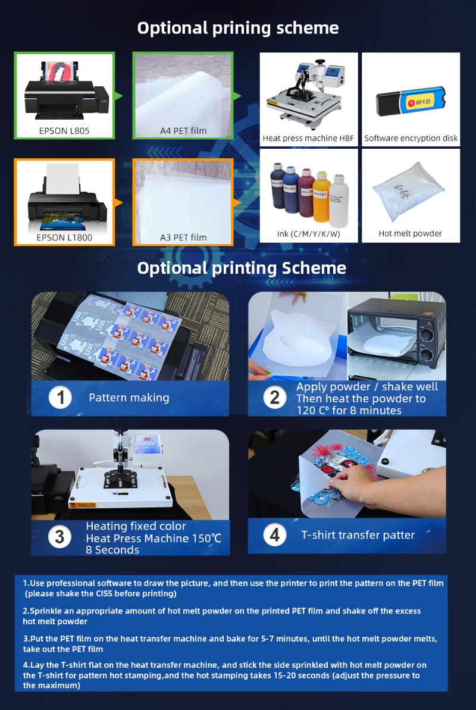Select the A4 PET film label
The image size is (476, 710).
183,130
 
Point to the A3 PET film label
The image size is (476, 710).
183,237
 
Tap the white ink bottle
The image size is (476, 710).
339,196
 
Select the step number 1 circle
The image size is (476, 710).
60,398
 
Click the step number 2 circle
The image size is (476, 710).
274,398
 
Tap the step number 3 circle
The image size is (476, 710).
59,536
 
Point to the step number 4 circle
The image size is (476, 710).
274,535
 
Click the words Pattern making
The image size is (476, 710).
129,398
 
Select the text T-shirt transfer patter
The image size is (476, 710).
358,535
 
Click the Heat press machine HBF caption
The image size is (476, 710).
308,138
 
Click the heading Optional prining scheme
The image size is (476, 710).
238,28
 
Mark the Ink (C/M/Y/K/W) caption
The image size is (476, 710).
308,233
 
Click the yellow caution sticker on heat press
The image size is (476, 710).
83,505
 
